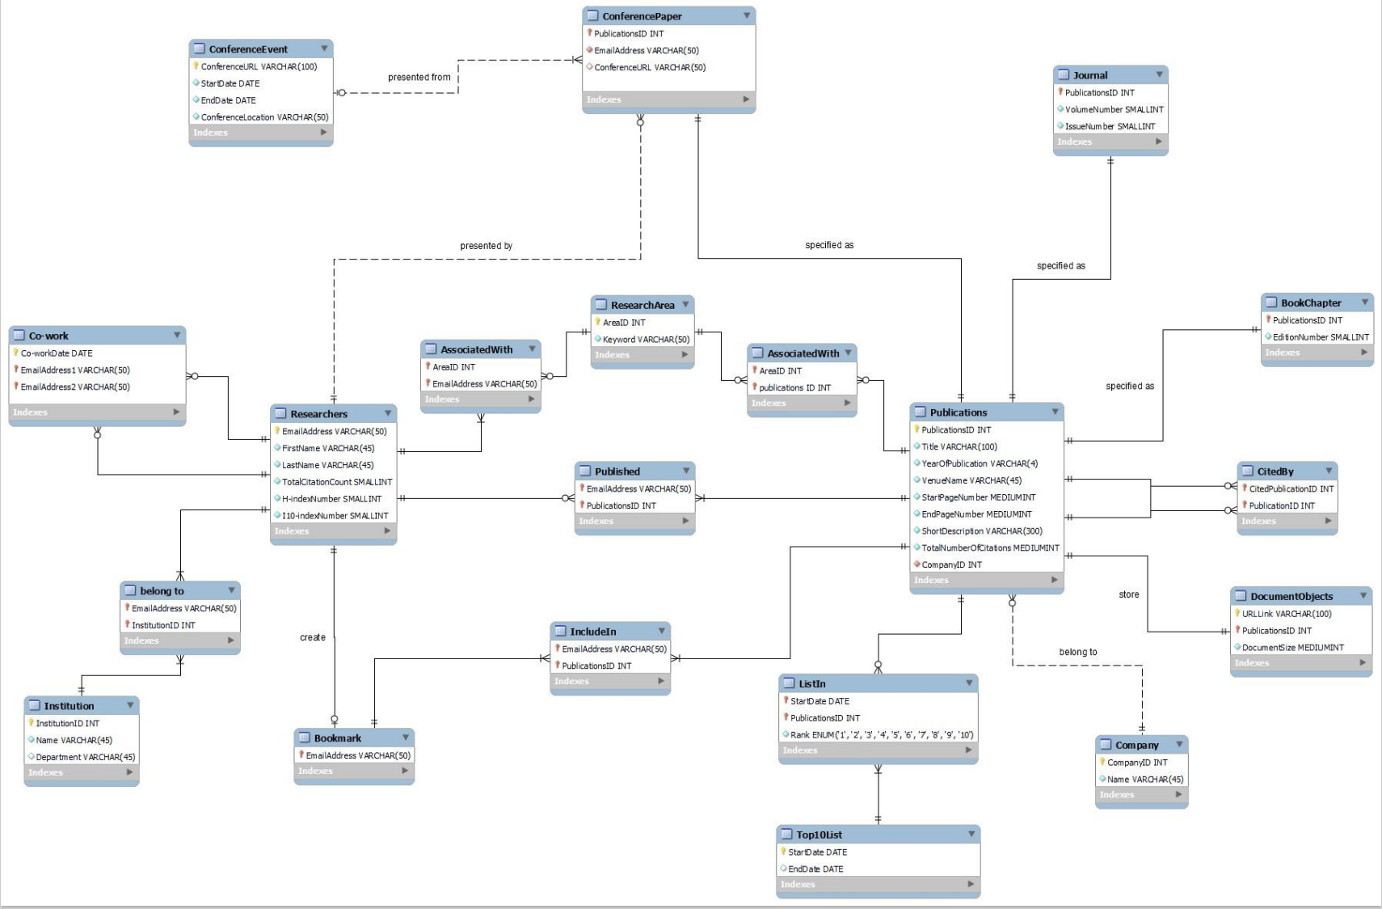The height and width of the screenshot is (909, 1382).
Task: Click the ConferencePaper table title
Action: (642, 16)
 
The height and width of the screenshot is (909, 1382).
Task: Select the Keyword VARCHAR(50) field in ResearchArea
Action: (646, 340)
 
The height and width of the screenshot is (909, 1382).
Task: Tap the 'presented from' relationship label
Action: (419, 78)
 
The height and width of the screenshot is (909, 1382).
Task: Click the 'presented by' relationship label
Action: (486, 246)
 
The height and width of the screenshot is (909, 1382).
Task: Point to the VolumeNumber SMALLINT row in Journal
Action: (1114, 110)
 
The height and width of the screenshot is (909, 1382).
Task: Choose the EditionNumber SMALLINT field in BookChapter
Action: (1320, 337)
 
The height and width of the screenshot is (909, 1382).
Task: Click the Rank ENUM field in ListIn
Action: (881, 735)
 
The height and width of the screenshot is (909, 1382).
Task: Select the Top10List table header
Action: (819, 835)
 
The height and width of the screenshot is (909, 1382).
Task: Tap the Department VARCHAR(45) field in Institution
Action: (85, 757)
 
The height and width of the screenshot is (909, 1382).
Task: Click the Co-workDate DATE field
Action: (57, 353)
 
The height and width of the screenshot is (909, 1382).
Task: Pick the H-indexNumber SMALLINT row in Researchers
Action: (331, 499)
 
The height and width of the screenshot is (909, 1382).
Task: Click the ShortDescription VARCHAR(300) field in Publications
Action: (981, 531)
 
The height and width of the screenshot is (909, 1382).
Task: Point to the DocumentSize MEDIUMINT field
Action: (1292, 648)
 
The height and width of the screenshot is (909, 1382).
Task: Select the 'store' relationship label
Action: (1128, 594)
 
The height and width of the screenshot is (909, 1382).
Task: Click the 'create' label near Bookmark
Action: (312, 637)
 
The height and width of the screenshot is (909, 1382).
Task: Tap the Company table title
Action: (1136, 745)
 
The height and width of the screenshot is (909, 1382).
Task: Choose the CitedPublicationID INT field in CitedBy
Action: (1291, 488)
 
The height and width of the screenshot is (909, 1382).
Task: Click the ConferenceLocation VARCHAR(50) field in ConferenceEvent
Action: (264, 117)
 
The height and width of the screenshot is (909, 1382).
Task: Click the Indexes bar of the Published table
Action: (634, 522)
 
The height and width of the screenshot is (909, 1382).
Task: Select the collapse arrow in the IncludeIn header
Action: (661, 631)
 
